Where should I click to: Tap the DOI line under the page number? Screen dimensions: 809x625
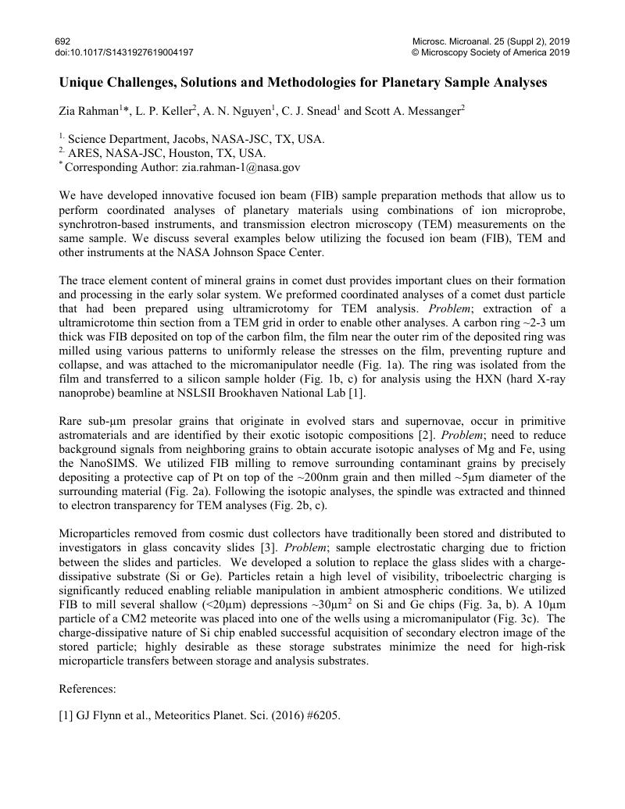(x=124, y=52)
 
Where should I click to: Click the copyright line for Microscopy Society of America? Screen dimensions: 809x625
(x=491, y=52)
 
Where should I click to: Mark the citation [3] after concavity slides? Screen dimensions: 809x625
(x=267, y=547)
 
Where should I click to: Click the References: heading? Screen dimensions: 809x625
(x=87, y=689)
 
